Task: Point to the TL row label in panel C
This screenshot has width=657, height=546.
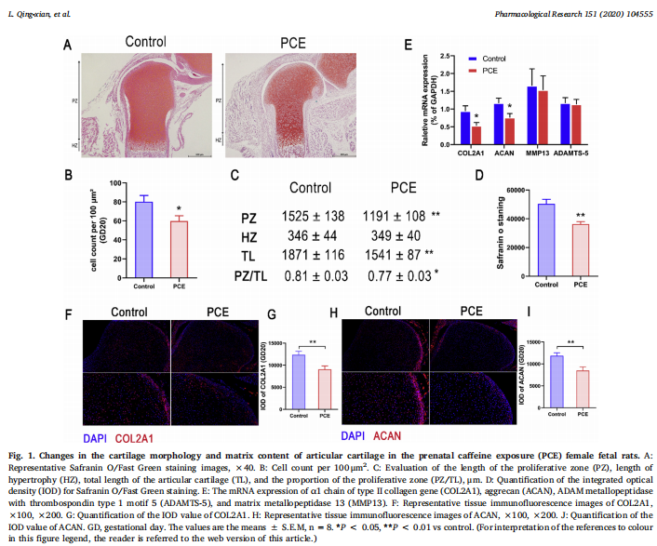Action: pos(248,254)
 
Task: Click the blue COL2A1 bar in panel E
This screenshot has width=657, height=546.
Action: pos(465,125)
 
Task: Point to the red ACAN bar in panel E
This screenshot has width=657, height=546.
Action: pos(509,128)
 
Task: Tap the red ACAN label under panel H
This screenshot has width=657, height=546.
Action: pos(387,435)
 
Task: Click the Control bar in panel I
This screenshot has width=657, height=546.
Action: pos(556,381)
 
